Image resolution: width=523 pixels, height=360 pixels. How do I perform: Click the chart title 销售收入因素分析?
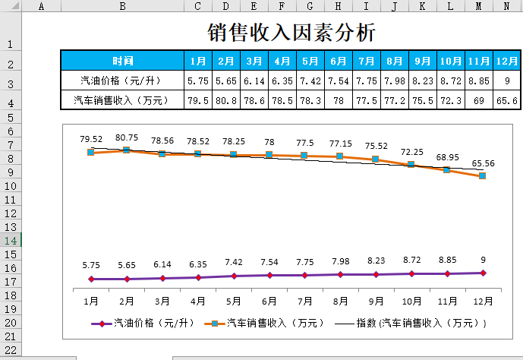(x=291, y=33)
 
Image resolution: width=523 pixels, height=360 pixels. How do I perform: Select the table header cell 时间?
(x=122, y=61)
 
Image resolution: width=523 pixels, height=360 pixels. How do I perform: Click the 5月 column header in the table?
(x=310, y=61)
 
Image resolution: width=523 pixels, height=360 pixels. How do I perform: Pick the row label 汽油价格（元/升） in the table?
(x=122, y=80)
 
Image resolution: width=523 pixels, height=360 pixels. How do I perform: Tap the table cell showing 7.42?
(x=310, y=80)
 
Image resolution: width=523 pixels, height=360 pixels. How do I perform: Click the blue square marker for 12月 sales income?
(x=483, y=176)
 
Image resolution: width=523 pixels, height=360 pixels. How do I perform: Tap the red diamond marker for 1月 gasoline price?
(x=91, y=279)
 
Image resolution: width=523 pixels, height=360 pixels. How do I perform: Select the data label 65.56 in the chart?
(x=483, y=163)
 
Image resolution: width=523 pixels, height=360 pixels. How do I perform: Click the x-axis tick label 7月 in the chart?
(x=305, y=301)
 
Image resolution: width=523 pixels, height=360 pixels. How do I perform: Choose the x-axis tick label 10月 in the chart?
(x=411, y=301)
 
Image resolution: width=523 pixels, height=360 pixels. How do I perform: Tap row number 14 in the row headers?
(x=11, y=240)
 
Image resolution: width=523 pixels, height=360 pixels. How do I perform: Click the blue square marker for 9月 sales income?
(x=376, y=159)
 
